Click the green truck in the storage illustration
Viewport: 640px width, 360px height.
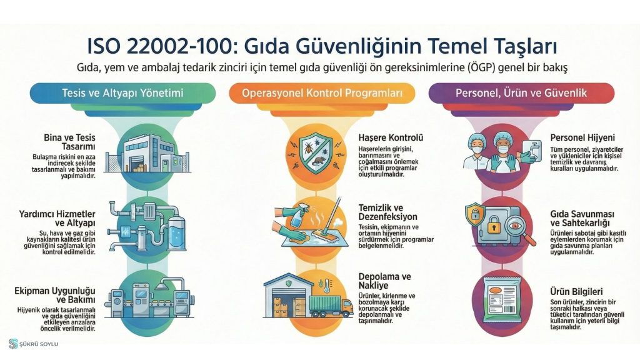(331, 306)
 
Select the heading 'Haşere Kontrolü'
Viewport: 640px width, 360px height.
(391, 138)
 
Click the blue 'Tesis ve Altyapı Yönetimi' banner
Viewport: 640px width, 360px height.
(122, 93)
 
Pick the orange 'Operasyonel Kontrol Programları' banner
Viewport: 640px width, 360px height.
(322, 93)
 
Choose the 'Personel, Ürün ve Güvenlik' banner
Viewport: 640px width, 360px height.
(521, 93)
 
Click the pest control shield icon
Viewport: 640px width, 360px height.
(316, 154)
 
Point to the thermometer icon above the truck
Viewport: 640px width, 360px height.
(326, 285)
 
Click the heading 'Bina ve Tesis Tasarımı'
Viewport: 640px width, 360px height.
(69, 142)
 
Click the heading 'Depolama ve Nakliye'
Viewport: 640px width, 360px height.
(384, 281)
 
